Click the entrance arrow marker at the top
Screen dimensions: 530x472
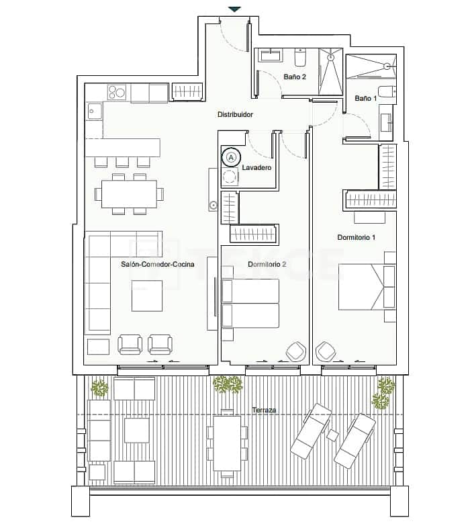pos(234,9)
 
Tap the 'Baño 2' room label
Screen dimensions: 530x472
pos(295,77)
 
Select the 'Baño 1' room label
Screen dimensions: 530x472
pos(365,99)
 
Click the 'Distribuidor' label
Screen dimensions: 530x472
pos(234,115)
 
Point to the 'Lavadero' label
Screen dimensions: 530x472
pos(257,167)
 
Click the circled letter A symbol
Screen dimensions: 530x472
pos(230,157)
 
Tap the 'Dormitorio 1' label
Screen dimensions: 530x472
pos(356,237)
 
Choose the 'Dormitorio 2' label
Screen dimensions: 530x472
pos(267,264)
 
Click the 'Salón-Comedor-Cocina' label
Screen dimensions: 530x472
pos(158,264)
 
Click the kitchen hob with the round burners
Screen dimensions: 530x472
pos(117,93)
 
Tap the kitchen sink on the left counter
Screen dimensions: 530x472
pos(93,112)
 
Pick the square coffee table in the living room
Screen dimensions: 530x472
pos(147,296)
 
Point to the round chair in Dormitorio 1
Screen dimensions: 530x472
pos(326,351)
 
